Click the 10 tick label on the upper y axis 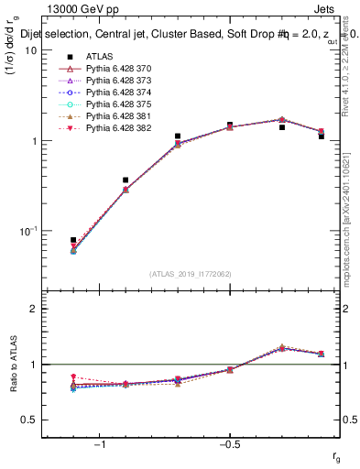point(30,51)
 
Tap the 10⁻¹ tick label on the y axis point(27,231)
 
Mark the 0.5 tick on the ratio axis point(30,420)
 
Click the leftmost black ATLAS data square point(73,240)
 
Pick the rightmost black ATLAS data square point(322,136)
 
